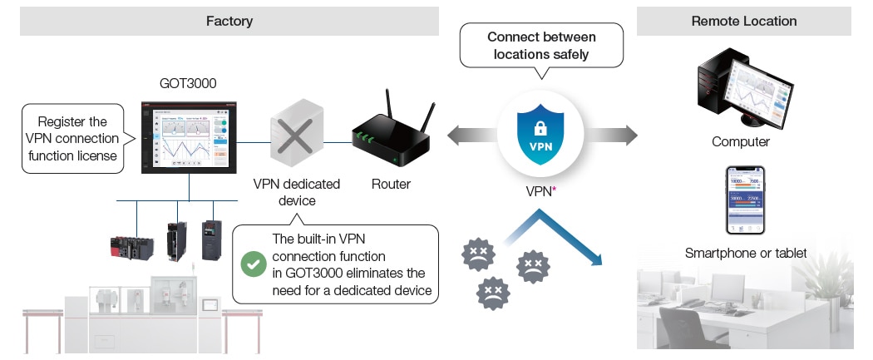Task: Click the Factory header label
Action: coord(229,21)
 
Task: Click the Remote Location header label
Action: coord(743,21)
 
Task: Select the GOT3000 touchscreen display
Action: coord(189,137)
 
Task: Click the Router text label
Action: coord(390,184)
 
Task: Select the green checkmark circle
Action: coord(252,264)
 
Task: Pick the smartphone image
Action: coord(746,200)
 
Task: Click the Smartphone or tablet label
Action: coord(745,253)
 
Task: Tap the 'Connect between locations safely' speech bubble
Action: coord(541,46)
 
